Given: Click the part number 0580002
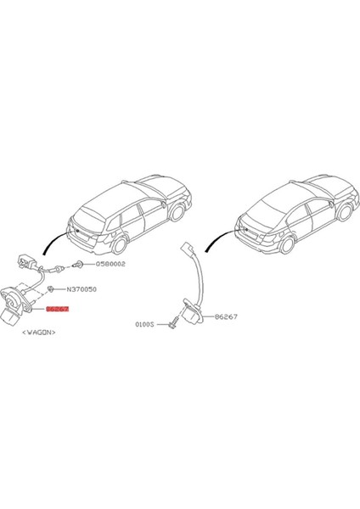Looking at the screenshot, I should [x=107, y=265].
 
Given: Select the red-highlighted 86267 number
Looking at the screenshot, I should [x=58, y=311].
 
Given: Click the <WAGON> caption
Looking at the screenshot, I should [x=38, y=333].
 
